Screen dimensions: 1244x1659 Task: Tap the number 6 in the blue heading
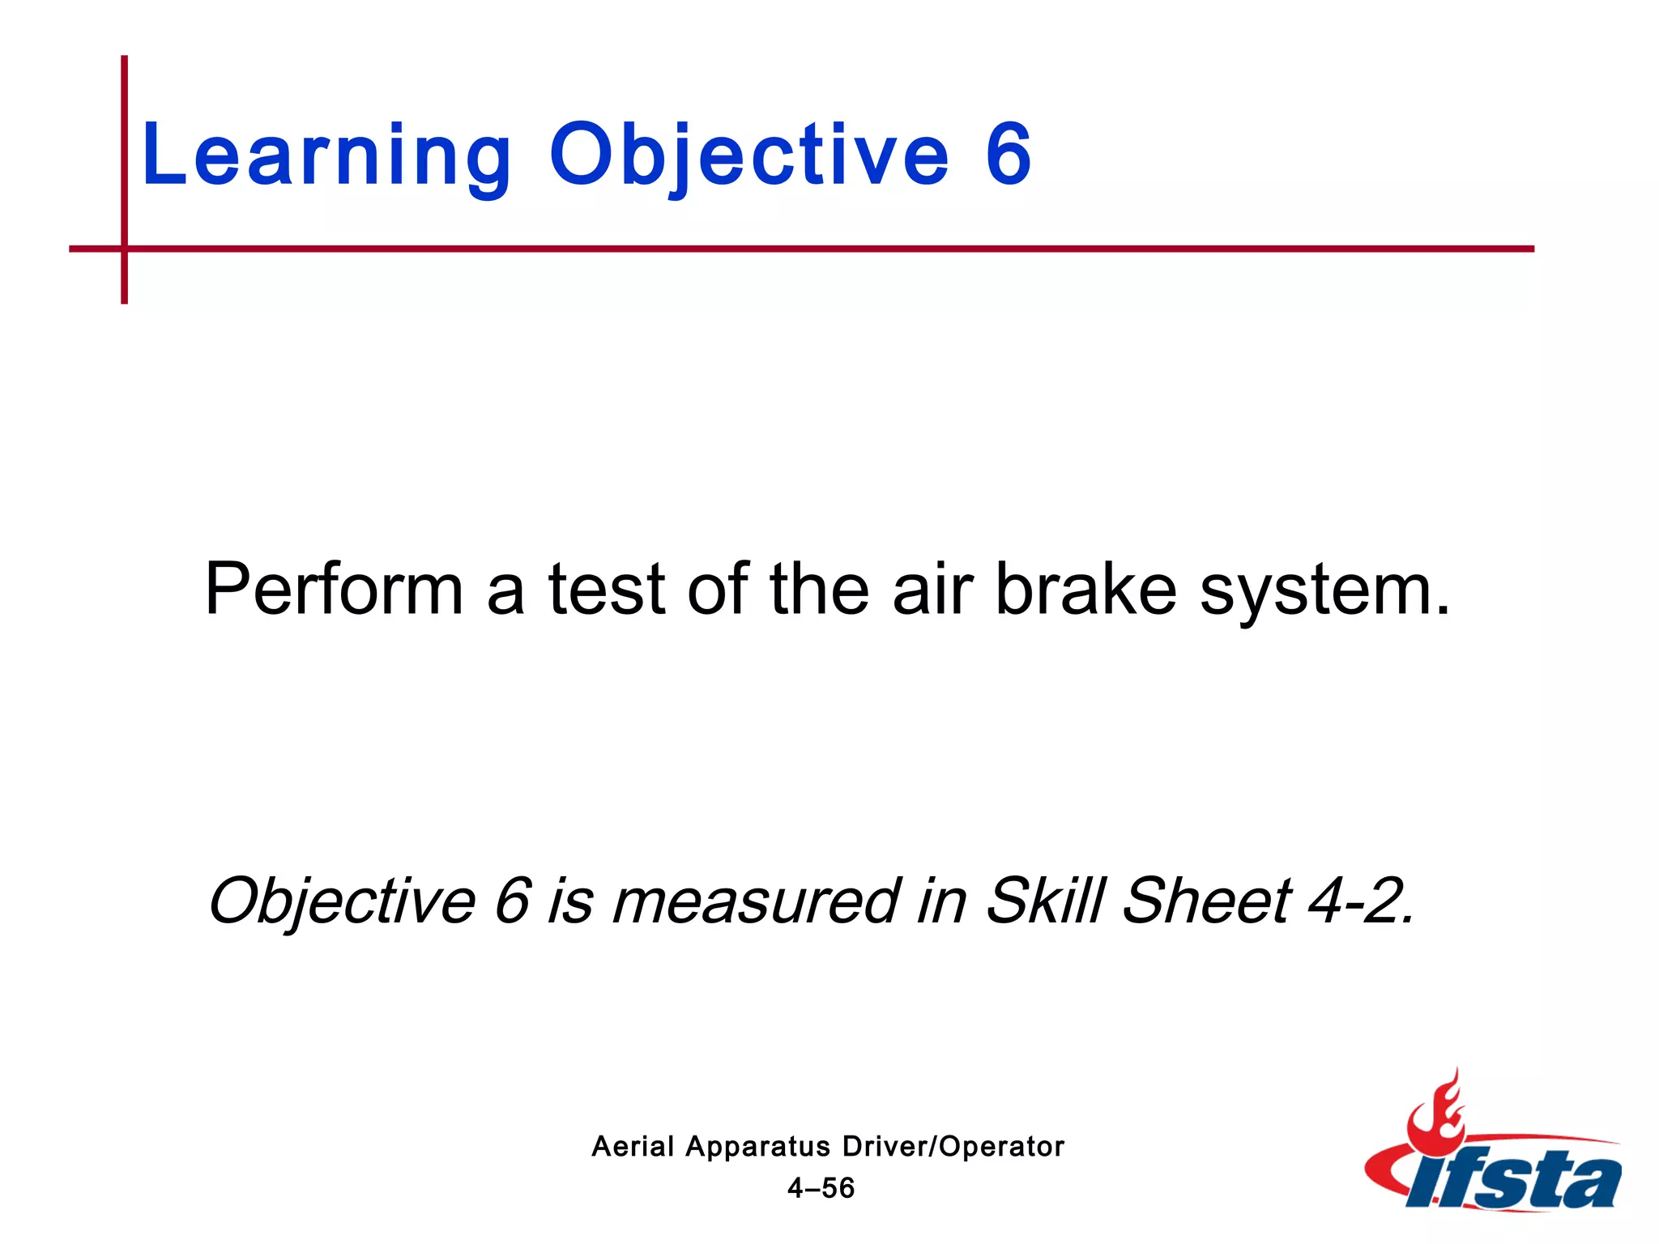(x=1008, y=154)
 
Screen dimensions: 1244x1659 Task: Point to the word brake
(x=1085, y=590)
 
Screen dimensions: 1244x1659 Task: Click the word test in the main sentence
(x=607, y=590)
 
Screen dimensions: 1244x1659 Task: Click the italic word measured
(x=755, y=901)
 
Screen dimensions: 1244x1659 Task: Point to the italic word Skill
(x=1045, y=900)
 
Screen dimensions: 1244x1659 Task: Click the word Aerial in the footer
(x=633, y=1147)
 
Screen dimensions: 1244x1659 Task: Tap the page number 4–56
(x=821, y=1188)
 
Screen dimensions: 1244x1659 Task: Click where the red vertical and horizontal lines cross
(x=124, y=249)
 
